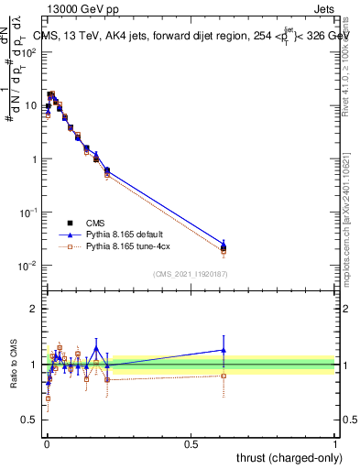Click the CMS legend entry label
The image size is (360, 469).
tap(94, 222)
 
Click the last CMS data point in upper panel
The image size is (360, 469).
tap(224, 247)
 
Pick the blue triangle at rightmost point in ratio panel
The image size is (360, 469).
tap(224, 349)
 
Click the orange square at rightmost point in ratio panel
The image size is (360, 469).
tap(224, 376)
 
